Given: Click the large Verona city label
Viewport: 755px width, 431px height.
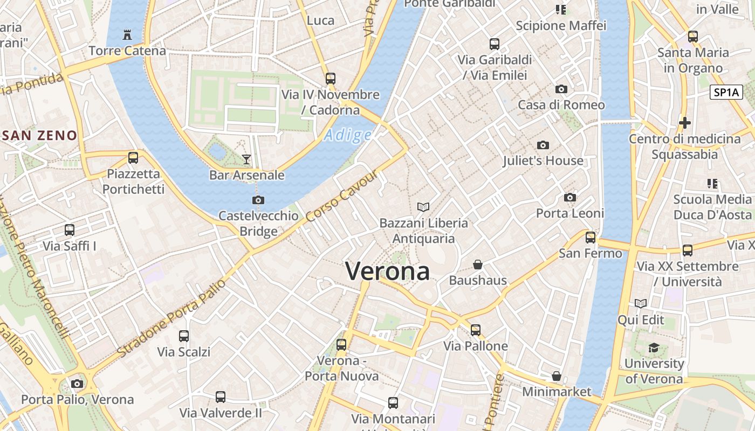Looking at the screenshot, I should click(387, 271).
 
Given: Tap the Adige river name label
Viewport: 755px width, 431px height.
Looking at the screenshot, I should click(348, 135).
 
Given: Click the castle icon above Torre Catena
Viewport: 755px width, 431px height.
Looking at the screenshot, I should click(127, 35).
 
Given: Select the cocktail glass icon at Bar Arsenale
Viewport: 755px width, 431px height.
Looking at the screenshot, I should click(246, 159).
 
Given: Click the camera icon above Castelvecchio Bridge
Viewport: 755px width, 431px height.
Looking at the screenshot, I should click(258, 200).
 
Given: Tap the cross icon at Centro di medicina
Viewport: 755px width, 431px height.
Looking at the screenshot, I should click(684, 123).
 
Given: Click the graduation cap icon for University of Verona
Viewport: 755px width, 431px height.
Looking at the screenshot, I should click(654, 347).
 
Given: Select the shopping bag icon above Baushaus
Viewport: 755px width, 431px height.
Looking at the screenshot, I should click(478, 265).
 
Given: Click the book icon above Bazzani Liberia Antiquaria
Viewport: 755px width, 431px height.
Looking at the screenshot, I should click(424, 207).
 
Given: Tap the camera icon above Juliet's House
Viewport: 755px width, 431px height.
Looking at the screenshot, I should click(543, 145).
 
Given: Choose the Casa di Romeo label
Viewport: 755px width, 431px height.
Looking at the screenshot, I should click(561, 105).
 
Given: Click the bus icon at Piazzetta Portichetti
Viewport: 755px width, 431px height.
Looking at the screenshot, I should click(133, 158).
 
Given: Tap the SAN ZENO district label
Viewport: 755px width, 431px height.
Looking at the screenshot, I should click(40, 135).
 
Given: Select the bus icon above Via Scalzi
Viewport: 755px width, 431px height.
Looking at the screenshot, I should click(184, 336).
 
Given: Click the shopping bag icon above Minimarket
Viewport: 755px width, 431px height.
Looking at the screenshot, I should click(557, 376).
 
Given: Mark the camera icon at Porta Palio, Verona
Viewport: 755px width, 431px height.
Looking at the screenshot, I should click(77, 384).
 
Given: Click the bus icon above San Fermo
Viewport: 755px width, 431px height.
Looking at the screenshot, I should click(591, 237).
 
